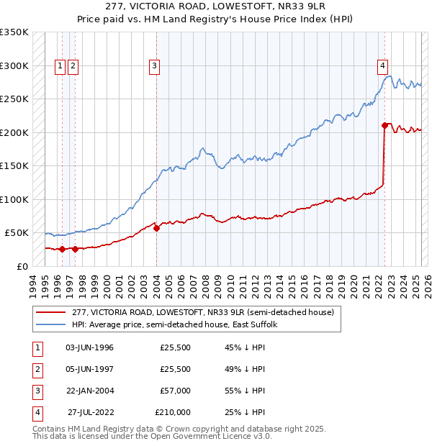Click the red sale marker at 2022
(x=385, y=126)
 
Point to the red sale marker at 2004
(x=157, y=228)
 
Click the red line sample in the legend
(x=52, y=313)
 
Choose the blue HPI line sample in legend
(x=52, y=325)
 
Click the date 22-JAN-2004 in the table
(x=90, y=391)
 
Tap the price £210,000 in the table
(x=173, y=412)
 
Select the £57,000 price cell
(x=175, y=391)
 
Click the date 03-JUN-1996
(x=90, y=347)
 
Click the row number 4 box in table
(x=36, y=412)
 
